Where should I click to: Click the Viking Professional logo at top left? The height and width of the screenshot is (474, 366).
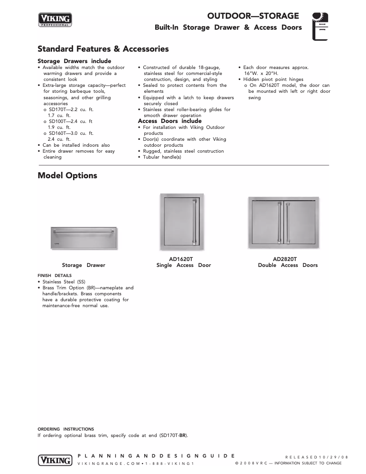pyautogui.click(x=55, y=20)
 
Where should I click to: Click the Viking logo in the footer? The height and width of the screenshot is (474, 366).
pyautogui.click(x=55, y=459)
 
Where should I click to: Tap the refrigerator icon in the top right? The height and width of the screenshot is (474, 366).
pyautogui.click(x=320, y=27)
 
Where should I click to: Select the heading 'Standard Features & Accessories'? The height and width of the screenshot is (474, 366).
pyautogui.click(x=103, y=49)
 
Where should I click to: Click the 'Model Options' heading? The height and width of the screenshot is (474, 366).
pyautogui.click(x=67, y=176)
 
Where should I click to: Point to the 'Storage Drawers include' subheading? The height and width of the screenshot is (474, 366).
pyautogui.click(x=74, y=61)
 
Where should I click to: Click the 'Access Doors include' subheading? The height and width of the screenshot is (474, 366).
pyautogui.click(x=170, y=121)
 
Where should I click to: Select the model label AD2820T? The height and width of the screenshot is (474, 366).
pyautogui.click(x=285, y=259)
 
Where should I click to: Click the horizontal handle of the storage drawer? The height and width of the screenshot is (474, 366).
pyautogui.click(x=84, y=232)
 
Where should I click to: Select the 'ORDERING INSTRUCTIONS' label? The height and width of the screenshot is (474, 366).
pyautogui.click(x=66, y=429)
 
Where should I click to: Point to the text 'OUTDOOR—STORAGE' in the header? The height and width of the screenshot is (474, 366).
pyautogui.click(x=253, y=16)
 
